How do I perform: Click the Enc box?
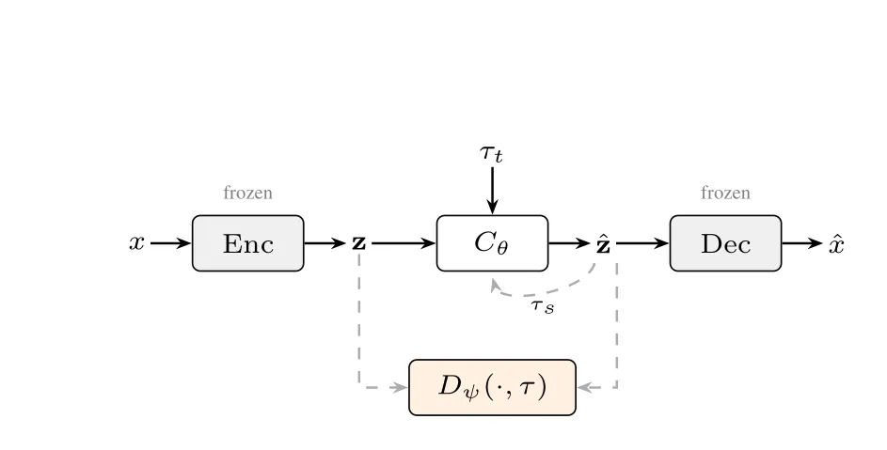247,243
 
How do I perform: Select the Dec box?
726,243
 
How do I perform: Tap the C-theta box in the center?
492,243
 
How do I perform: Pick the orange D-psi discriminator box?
492,387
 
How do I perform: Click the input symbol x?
137,242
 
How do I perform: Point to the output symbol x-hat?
836,243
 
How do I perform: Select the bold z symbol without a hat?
359,243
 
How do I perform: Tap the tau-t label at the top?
491,153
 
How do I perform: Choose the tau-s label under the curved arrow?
543,306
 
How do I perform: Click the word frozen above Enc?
247,193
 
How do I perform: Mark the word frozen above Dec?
726,193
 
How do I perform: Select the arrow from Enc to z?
325,243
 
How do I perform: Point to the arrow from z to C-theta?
404,243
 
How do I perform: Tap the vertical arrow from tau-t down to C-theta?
492,191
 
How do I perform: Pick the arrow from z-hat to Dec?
643,243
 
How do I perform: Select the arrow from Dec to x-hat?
802,243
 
